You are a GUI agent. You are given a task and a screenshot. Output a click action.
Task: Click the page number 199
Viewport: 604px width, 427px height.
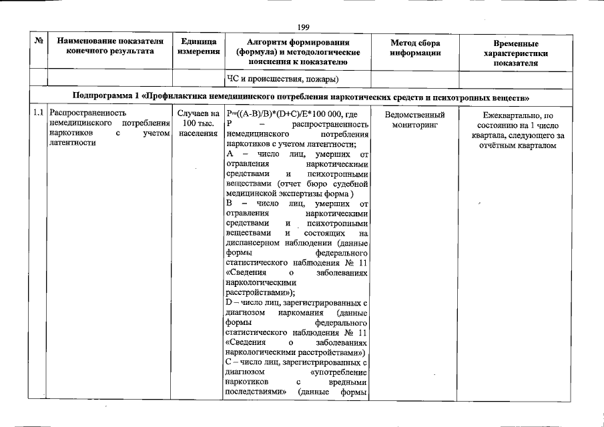[303, 27]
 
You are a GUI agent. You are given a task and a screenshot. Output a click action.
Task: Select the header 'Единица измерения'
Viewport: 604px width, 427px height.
[199, 47]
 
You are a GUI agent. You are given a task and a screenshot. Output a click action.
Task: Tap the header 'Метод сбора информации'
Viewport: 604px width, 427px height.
[414, 47]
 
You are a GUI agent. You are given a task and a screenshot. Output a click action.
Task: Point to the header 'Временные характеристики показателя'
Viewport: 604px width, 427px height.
[515, 53]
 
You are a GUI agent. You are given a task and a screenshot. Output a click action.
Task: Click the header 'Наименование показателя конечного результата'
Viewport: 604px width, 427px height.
[109, 47]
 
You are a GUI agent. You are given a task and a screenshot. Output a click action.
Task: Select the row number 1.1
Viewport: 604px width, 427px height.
[39, 113]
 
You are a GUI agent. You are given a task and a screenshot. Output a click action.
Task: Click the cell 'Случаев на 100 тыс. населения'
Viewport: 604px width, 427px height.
[199, 123]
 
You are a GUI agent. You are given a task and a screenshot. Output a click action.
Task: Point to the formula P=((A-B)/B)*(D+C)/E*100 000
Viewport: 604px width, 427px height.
[284, 113]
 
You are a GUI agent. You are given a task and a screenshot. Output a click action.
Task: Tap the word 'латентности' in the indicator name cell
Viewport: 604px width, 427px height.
[72, 143]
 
